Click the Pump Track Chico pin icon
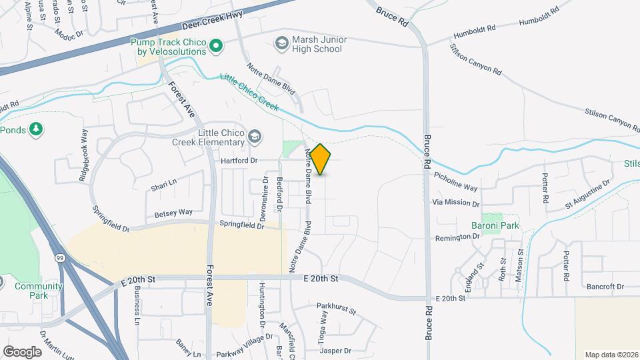click(215, 46)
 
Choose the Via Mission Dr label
click(456, 203)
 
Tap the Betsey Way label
click(173, 213)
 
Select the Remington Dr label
click(458, 238)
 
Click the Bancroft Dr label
click(605, 287)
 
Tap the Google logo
click(22, 351)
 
